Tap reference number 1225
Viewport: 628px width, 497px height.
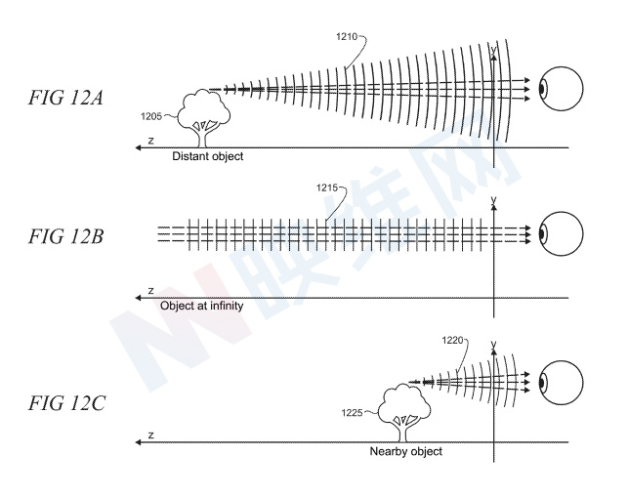[356, 412]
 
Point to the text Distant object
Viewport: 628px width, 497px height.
[207, 156]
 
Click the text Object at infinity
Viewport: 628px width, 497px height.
[201, 306]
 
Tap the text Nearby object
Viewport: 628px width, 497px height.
[406, 452]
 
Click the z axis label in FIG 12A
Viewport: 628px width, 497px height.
[151, 141]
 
